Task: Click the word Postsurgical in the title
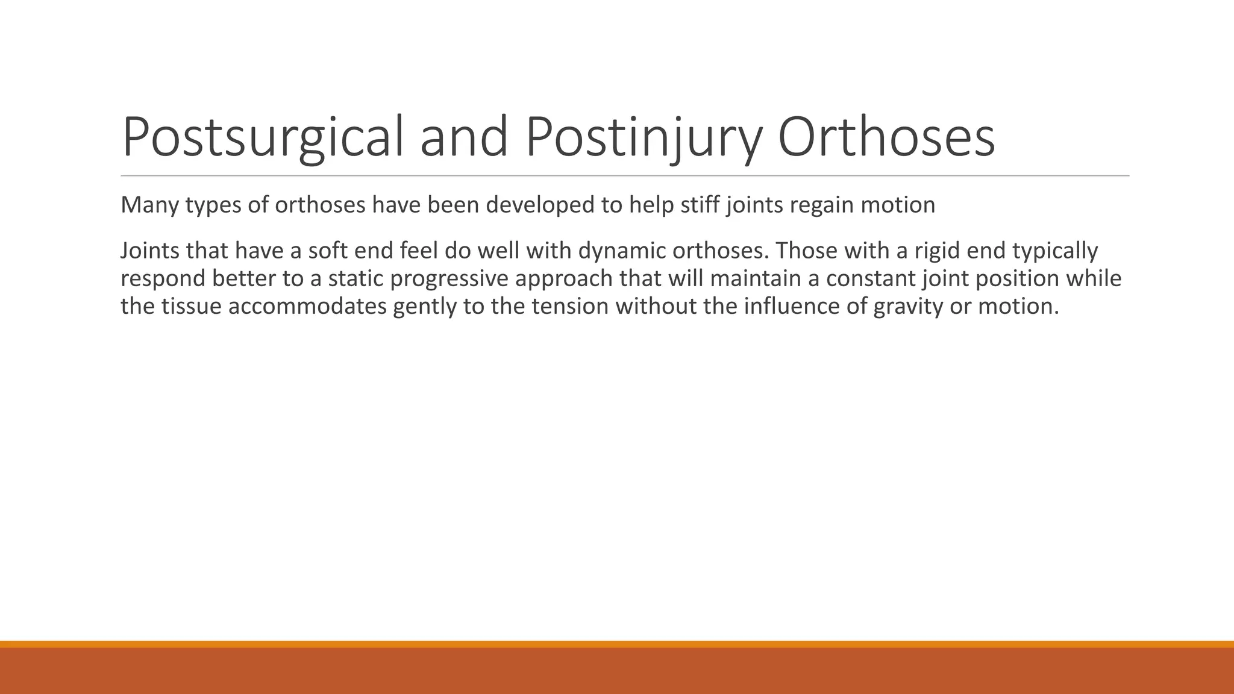pyautogui.click(x=263, y=137)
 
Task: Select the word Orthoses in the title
pyautogui.click(x=886, y=137)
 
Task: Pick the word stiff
pyautogui.click(x=701, y=205)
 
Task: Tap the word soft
pyautogui.click(x=330, y=251)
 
